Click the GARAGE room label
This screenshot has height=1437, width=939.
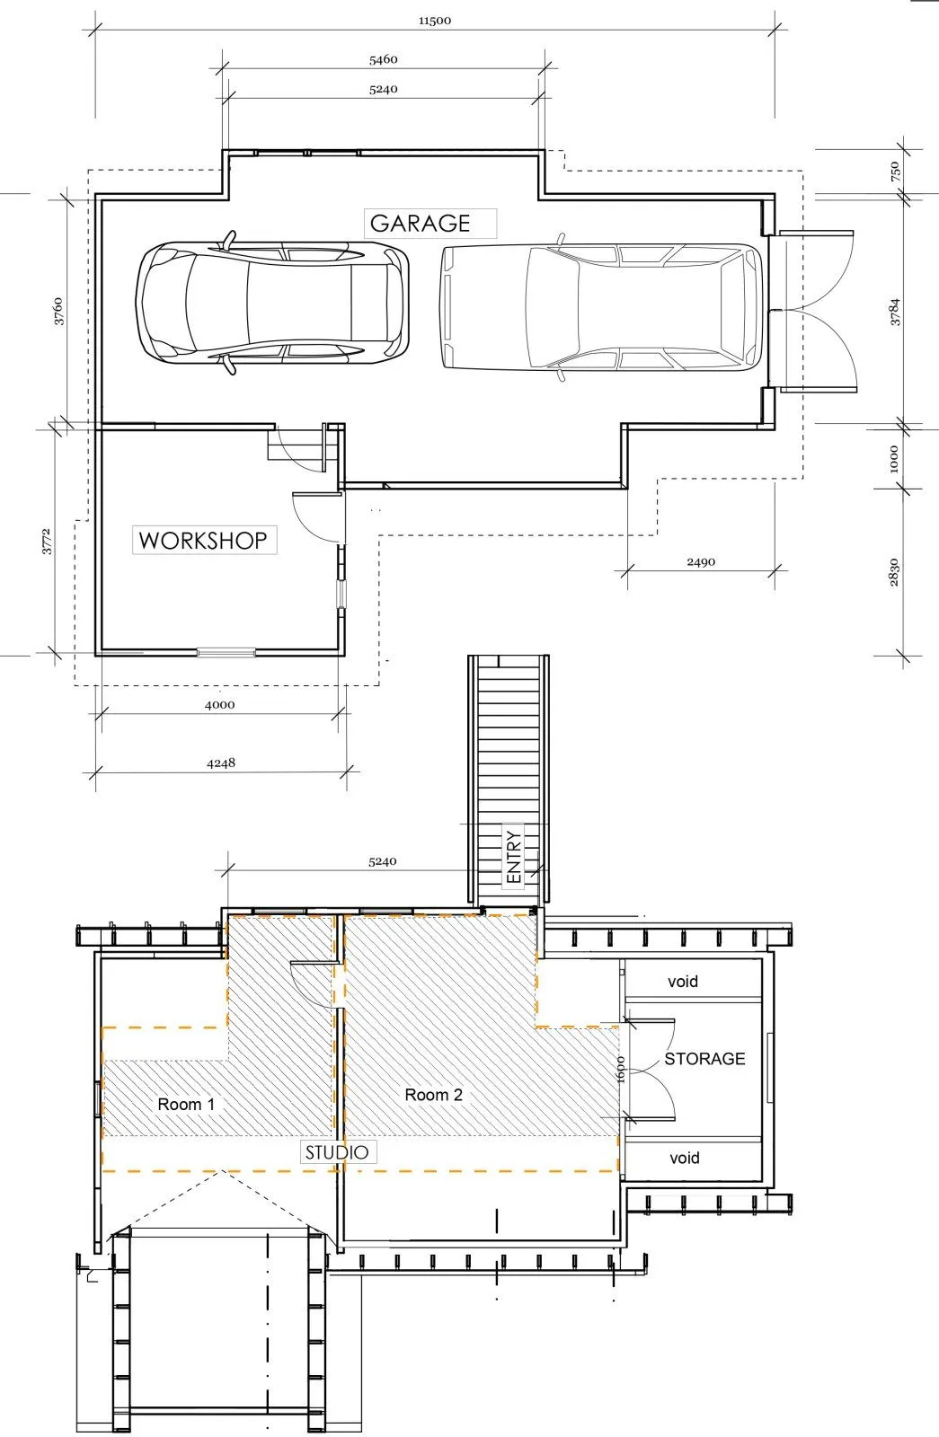click(x=421, y=223)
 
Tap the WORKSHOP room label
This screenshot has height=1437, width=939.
click(x=203, y=541)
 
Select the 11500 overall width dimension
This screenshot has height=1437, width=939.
click(x=435, y=21)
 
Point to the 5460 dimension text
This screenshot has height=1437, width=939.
click(x=383, y=60)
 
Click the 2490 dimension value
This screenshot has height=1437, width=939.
click(x=701, y=562)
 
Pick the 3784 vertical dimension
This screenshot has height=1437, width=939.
click(x=895, y=311)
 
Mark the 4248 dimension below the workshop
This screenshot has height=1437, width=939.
click(x=221, y=763)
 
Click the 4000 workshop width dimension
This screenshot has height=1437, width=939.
click(x=219, y=705)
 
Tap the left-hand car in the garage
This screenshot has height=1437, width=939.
click(x=271, y=304)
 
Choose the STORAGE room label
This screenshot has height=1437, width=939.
click(x=704, y=1059)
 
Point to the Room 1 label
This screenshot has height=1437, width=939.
click(x=186, y=1105)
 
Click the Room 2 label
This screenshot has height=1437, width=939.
click(x=433, y=1095)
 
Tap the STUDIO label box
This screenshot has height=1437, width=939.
click(x=337, y=1152)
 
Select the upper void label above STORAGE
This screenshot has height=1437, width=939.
click(x=683, y=982)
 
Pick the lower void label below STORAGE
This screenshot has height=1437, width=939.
click(x=684, y=1158)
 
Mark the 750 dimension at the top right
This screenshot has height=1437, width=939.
click(x=895, y=172)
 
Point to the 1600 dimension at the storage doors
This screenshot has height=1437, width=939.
click(x=621, y=1069)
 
